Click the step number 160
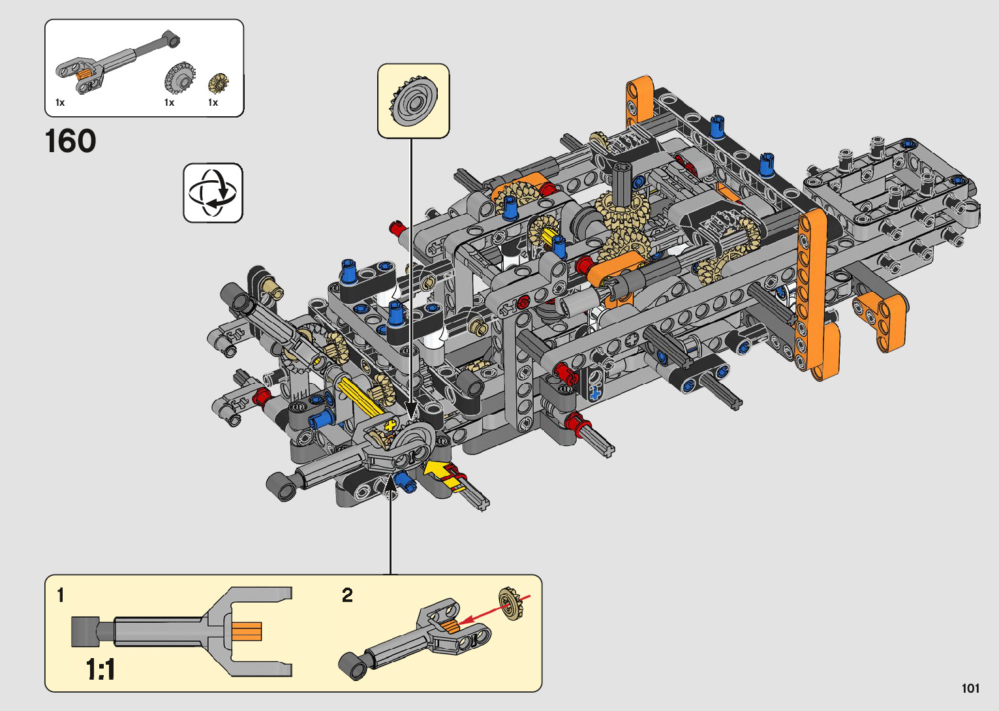(70, 141)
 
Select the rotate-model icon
(213, 193)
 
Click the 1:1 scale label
(100, 669)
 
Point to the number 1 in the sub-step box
(61, 595)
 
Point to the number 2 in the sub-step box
(347, 595)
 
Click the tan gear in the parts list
(218, 83)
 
